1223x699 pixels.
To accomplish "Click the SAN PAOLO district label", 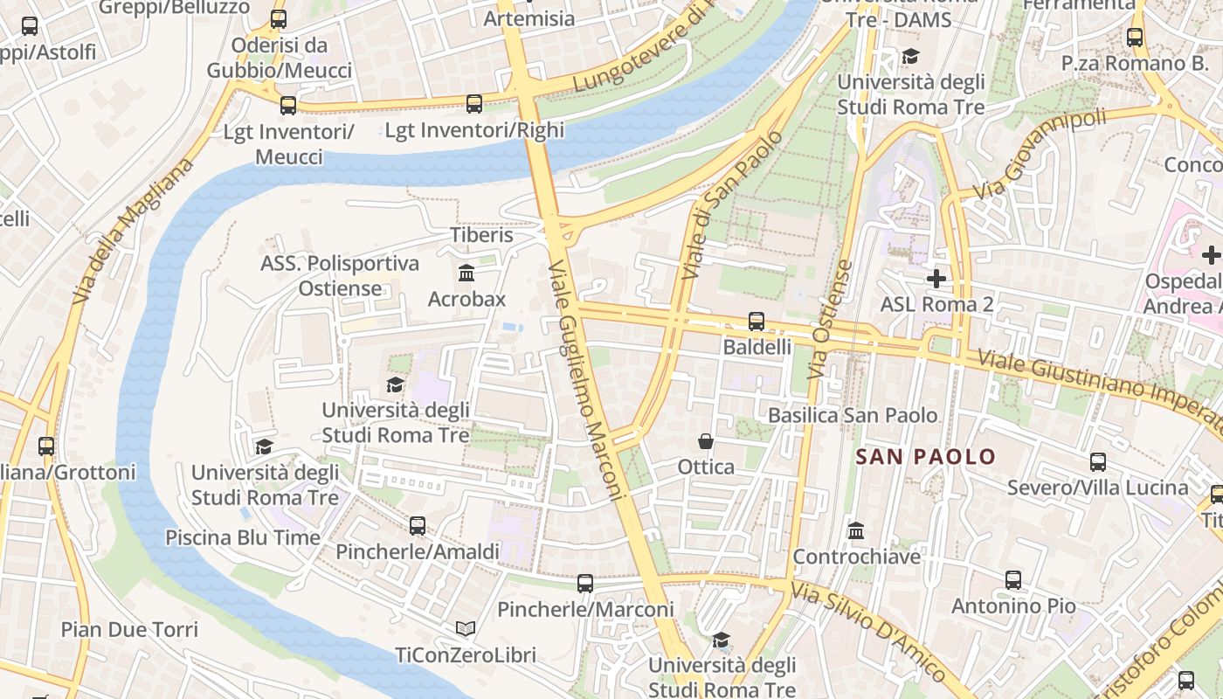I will coord(925,456).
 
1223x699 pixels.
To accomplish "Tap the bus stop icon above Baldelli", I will coord(757,321).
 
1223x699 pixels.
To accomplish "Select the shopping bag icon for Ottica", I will coord(706,441).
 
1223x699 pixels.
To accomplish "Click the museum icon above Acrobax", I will coord(466,273).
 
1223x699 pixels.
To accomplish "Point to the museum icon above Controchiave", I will coord(856,530).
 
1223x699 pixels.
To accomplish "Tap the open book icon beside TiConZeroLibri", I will coord(466,628).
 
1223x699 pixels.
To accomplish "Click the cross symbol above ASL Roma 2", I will coord(936,279).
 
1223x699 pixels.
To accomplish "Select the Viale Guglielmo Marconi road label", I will coord(587,380).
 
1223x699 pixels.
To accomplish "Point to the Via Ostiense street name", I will coord(831,320).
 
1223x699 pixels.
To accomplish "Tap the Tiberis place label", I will coord(481,235).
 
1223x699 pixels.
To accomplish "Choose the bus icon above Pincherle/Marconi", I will coord(585,583).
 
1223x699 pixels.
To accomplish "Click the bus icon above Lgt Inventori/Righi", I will coord(474,104).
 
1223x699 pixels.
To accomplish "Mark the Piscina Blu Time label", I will coord(243,537).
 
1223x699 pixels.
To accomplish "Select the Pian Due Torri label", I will coord(129,629).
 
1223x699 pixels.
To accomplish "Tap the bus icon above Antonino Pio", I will coord(1013,579).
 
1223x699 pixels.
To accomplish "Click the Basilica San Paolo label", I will coord(853,415).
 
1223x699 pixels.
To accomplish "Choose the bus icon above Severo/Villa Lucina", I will coord(1098,461).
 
